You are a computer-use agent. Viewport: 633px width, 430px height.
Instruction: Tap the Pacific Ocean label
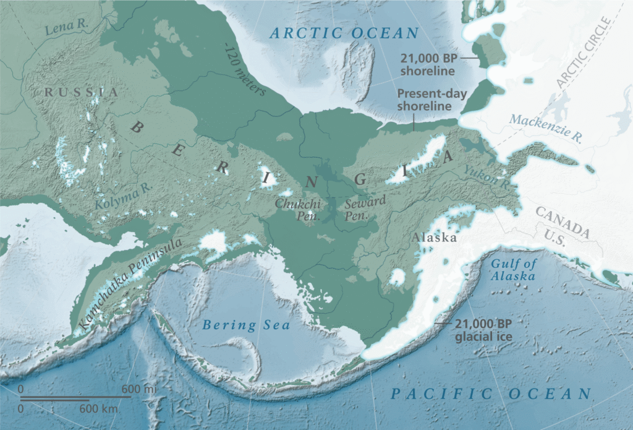pyautogui.click(x=492, y=393)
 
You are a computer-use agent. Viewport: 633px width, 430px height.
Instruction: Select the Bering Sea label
pyautogui.click(x=247, y=324)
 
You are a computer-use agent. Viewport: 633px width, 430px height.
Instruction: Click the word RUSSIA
pyautogui.click(x=81, y=92)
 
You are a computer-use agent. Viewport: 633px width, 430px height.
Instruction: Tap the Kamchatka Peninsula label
pyautogui.click(x=131, y=283)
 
